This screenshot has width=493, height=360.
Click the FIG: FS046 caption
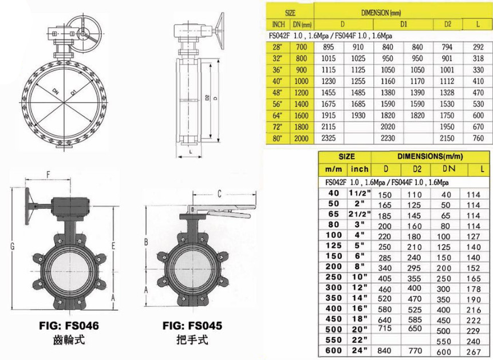tap(69, 326)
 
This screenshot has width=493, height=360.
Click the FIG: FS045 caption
tap(192, 326)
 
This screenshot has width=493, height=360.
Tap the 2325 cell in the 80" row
tap(328, 138)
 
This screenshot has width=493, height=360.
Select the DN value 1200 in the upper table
tap(301, 93)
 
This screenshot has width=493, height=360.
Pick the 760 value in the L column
tap(478, 138)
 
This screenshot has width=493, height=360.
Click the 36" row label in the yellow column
tap(277, 70)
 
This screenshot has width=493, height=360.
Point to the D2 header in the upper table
tap(448, 24)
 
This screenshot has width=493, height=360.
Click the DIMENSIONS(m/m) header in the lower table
tap(430, 156)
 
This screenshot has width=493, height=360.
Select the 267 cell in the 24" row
tap(474, 352)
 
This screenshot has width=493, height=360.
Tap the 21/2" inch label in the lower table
tap(360, 214)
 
